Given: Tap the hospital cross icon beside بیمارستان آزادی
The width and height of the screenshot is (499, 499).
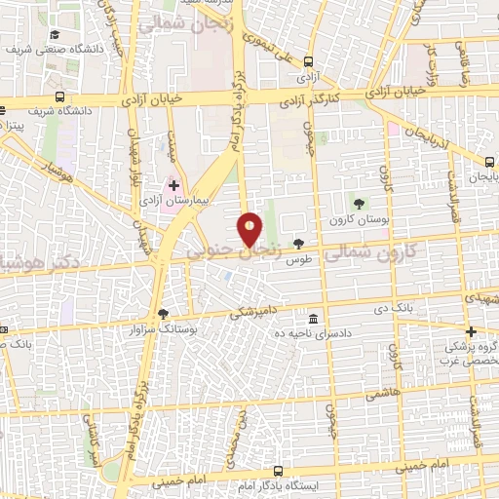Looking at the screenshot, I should (x=173, y=183).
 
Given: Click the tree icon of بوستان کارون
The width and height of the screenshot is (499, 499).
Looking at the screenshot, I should (x=359, y=204).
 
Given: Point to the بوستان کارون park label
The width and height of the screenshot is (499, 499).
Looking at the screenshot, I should (x=359, y=219).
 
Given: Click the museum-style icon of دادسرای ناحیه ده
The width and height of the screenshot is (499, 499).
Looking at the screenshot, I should (x=313, y=320).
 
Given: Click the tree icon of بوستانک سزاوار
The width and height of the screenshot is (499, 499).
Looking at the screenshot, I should (x=162, y=314).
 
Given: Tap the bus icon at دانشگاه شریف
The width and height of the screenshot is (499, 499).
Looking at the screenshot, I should (x=60, y=97).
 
